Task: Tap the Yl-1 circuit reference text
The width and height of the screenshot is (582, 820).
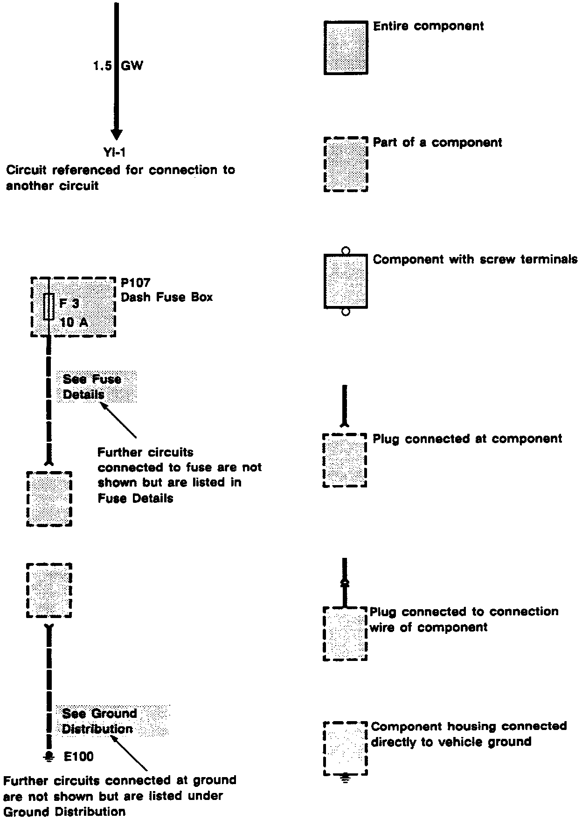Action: coord(114,152)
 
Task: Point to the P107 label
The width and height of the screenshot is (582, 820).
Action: coord(136,283)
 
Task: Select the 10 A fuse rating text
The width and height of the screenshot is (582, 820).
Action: coord(74,322)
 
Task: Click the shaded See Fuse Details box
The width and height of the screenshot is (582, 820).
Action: coord(97,387)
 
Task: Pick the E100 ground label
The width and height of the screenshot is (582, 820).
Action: coord(78,757)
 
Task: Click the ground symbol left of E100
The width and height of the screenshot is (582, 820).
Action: coord(48,757)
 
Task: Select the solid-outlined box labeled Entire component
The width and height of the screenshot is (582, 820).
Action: coord(346,47)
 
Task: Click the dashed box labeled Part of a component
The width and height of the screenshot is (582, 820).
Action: coord(346,164)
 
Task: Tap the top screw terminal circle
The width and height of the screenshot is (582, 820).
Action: coord(346,250)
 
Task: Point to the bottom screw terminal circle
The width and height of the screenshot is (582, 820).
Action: coord(346,312)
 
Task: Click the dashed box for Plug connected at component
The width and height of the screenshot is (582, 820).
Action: coord(345,460)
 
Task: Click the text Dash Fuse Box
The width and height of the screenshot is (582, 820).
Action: coord(166,297)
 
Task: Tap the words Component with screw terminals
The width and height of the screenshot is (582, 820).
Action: coord(475,259)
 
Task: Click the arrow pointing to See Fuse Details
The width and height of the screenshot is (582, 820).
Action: coord(118,420)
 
